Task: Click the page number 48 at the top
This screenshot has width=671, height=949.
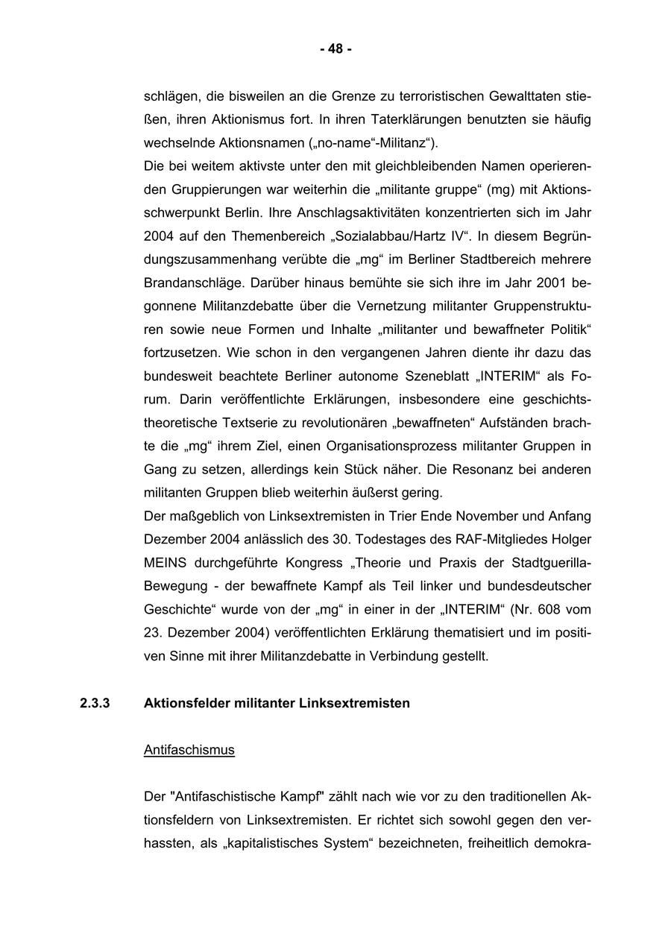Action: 335,49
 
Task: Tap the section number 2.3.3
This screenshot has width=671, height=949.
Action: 95,703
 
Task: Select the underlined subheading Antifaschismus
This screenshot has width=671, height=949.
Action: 189,750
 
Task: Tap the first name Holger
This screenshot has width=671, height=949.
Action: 571,539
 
